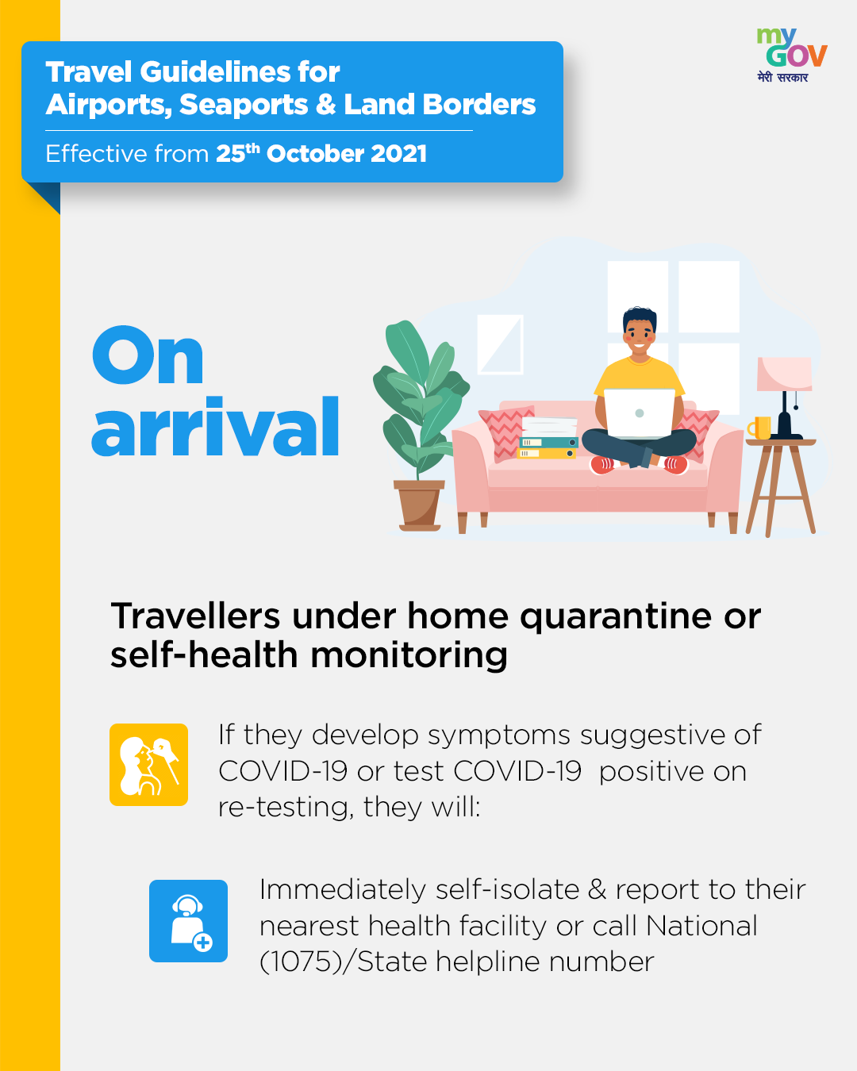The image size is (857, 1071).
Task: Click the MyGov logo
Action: pyautogui.click(x=792, y=56)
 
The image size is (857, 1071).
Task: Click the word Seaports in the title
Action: pyautogui.click(x=244, y=105)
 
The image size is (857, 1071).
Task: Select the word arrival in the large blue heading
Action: pyautogui.click(x=215, y=427)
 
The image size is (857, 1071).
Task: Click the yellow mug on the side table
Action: pyautogui.click(x=759, y=428)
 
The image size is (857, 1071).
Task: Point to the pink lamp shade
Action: pyautogui.click(x=784, y=374)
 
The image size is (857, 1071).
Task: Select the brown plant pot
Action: pyautogui.click(x=419, y=505)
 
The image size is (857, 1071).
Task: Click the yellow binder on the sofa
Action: pyautogui.click(x=547, y=453)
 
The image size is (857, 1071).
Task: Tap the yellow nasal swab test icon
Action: pyautogui.click(x=149, y=765)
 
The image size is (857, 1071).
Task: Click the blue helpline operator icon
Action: pyautogui.click(x=188, y=921)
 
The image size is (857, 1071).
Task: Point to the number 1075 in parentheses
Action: pyautogui.click(x=300, y=961)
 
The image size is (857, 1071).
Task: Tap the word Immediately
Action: pyautogui.click(x=343, y=891)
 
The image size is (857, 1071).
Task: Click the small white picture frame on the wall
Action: pyautogui.click(x=500, y=344)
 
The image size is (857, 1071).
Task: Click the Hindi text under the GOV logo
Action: pyautogui.click(x=782, y=77)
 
